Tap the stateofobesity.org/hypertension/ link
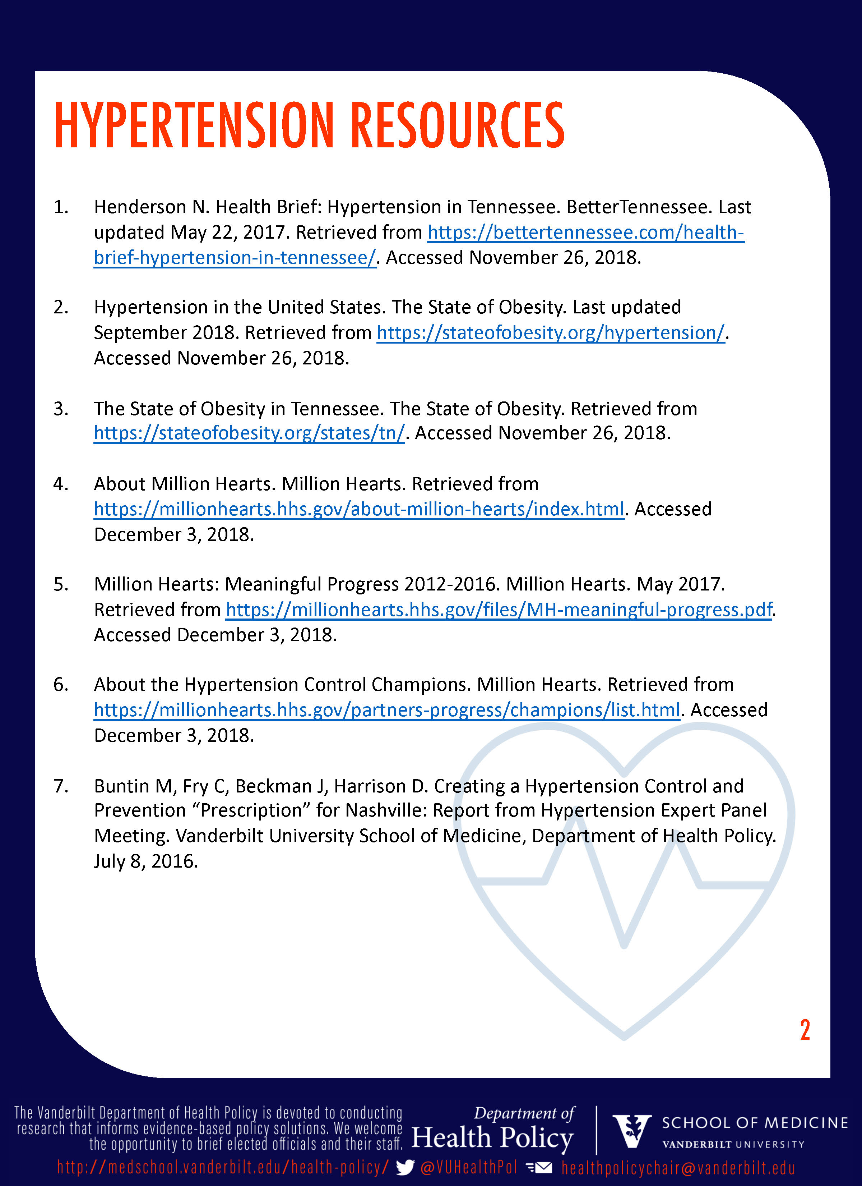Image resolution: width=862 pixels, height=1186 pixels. pyautogui.click(x=551, y=332)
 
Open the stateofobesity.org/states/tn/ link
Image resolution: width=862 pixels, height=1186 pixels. pyautogui.click(x=249, y=433)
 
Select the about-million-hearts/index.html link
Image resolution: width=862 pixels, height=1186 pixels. pyautogui.click(x=358, y=509)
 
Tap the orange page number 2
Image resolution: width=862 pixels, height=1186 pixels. pyautogui.click(x=805, y=1030)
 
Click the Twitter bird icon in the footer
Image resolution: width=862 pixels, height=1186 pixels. pyautogui.click(x=405, y=1167)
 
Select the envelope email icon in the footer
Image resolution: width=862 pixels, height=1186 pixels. pyautogui.click(x=539, y=1167)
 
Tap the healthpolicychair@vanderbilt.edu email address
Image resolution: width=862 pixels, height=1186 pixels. pyautogui.click(x=678, y=1168)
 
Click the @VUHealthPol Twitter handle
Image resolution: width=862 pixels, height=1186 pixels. pyautogui.click(x=468, y=1167)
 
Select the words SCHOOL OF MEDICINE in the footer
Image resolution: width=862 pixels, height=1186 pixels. pyautogui.click(x=754, y=1123)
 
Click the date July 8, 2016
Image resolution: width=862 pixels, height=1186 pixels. pyautogui.click(x=146, y=861)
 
